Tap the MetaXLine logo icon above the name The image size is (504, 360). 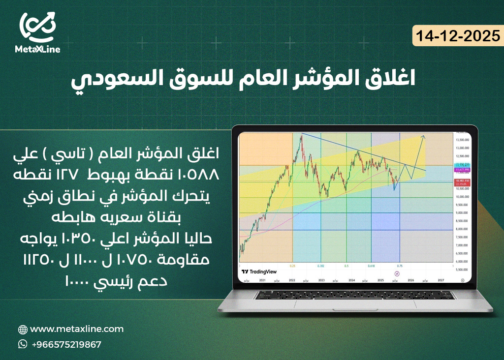click(38, 27)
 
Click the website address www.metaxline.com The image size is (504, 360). click(77, 329)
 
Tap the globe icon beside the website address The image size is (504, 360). click(23, 330)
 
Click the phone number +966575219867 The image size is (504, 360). click(66, 344)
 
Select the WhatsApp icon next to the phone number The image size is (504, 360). click(23, 344)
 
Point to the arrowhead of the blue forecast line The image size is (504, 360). click(423, 136)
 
